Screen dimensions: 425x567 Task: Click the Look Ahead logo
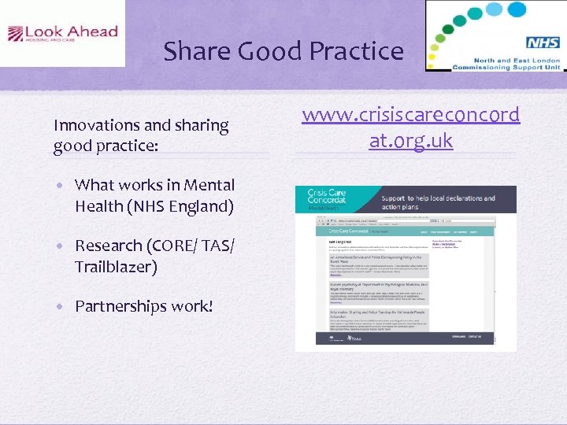pos(62,34)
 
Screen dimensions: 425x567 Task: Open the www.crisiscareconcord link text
pos(410,115)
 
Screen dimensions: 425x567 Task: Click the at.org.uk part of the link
pos(410,141)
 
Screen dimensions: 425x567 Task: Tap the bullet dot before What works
pos(61,186)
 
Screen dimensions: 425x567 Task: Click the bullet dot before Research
pos(61,246)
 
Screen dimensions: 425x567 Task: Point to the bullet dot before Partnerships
pos(61,306)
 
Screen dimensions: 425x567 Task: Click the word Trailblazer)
pos(116,267)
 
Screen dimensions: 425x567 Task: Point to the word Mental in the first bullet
pos(209,185)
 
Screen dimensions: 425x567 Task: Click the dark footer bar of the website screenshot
pos(406,338)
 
